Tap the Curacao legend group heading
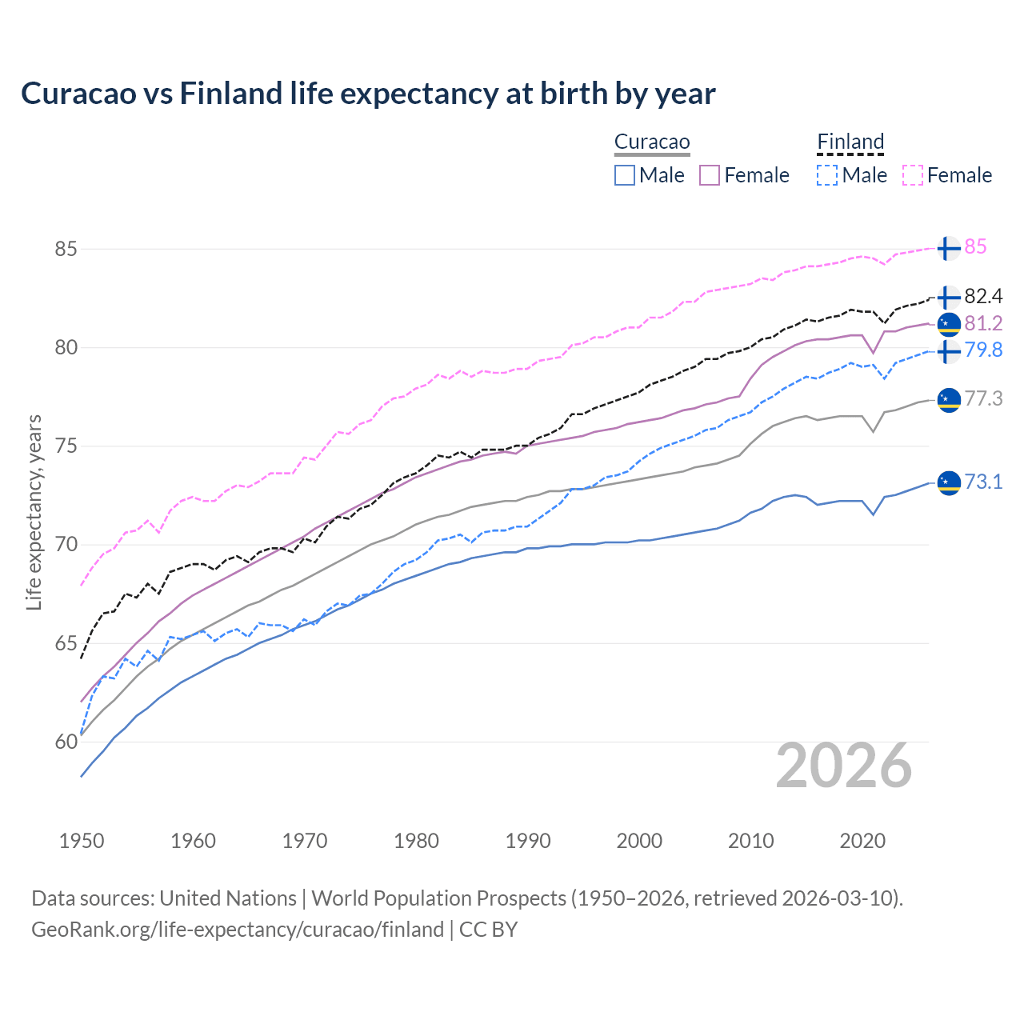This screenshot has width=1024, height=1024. [652, 142]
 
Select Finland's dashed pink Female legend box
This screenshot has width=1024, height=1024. [913, 175]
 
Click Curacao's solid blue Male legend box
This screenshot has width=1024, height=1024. [625, 175]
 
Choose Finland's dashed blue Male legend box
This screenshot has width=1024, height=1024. [827, 175]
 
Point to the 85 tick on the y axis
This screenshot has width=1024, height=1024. [66, 249]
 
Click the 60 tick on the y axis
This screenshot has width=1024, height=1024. [66, 742]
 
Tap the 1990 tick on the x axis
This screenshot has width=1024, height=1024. [528, 841]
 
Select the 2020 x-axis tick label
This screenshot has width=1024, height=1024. [862, 841]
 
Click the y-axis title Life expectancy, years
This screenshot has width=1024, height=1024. [34, 512]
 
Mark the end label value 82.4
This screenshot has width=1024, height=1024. [983, 297]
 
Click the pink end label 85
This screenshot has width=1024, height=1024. [975, 247]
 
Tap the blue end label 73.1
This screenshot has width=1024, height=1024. [983, 482]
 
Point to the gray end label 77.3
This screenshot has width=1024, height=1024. [983, 398]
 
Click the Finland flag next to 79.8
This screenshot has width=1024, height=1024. [949, 351]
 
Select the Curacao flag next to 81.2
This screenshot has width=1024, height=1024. [949, 323]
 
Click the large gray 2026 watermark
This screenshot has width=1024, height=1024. [844, 766]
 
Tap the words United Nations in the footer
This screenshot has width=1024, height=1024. [228, 898]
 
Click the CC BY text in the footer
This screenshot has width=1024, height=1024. [488, 930]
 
